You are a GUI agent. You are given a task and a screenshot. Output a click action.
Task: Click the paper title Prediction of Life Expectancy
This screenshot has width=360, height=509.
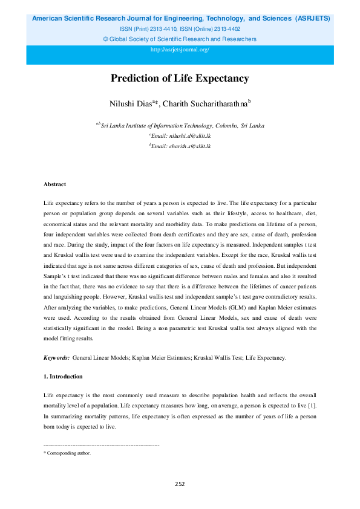[x=180, y=79]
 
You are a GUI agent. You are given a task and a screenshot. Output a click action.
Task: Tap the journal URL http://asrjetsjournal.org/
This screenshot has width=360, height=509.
[x=180, y=50]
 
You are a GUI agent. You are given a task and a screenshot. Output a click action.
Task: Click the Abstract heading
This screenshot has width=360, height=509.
[x=54, y=184]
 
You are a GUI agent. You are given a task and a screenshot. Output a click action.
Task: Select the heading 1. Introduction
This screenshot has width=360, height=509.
[x=64, y=377]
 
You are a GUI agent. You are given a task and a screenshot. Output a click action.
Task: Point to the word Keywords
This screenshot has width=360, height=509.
[x=56, y=358]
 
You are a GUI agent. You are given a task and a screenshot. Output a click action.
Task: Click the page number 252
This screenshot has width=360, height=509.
[x=180, y=484]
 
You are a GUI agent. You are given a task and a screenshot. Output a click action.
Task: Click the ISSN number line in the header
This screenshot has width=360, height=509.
[x=180, y=28]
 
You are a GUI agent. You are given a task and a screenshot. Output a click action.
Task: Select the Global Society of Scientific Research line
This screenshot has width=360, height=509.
[x=180, y=39]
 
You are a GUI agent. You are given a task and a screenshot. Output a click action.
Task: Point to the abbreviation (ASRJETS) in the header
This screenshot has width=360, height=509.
[x=313, y=19]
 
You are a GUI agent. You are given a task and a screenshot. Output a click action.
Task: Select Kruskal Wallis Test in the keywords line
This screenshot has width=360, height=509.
[x=218, y=358]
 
